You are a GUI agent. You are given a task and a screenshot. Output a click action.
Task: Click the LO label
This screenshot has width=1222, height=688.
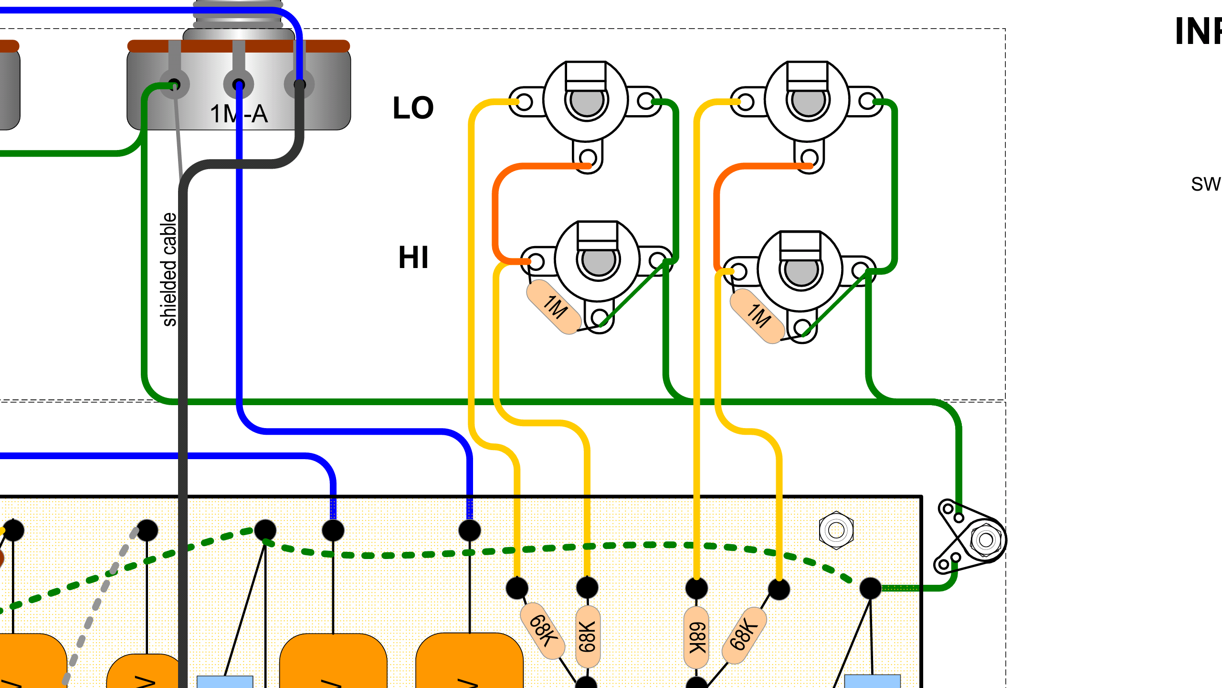pos(413,108)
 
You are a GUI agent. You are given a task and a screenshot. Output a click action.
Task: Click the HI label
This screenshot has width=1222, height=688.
pos(413,258)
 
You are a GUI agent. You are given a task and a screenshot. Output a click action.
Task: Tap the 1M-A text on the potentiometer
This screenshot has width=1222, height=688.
pos(239,114)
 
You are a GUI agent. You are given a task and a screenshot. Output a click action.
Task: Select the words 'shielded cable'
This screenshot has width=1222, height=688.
pos(169,269)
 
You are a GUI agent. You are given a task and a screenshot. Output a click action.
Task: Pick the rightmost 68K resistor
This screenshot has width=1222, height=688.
pos(744,635)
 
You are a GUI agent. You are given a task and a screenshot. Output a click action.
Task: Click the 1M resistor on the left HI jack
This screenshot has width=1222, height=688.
pos(554,307)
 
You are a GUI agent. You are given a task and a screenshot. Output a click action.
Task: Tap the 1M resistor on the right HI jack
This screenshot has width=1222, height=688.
pos(758,316)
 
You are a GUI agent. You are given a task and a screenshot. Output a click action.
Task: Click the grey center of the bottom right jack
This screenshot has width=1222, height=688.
pos(801,271)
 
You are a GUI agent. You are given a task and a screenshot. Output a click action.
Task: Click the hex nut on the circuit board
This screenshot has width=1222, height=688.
pos(836,530)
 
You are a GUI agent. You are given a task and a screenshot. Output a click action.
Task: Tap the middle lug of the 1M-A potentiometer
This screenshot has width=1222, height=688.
pos(239,85)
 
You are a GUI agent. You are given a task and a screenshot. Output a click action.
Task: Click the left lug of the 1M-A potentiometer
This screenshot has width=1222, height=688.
pos(175,85)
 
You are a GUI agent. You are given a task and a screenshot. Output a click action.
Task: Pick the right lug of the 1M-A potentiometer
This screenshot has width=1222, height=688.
pos(299,85)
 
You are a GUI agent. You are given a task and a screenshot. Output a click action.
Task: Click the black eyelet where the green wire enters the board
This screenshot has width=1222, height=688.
pos(870,588)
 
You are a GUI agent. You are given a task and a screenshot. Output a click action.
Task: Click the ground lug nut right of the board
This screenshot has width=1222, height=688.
pos(985,540)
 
